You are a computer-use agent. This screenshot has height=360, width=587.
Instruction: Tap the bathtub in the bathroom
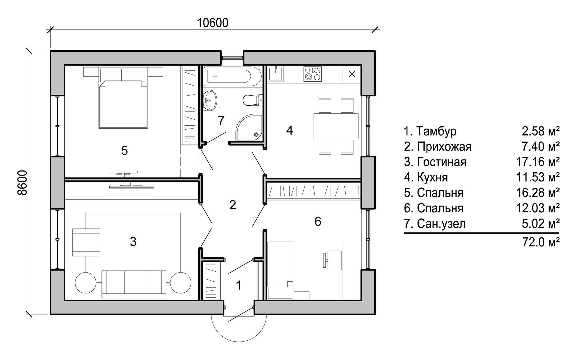[x=228, y=76]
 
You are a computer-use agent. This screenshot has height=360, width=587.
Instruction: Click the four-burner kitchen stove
[x=313, y=74]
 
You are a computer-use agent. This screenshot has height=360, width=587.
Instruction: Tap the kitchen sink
[x=276, y=74]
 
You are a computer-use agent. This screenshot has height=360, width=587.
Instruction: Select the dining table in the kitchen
[x=336, y=126]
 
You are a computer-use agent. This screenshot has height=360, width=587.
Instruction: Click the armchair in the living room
[x=86, y=242]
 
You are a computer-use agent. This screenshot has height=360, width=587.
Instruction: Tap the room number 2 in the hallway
[x=233, y=205]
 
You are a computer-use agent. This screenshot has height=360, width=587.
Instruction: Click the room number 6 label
[x=318, y=221]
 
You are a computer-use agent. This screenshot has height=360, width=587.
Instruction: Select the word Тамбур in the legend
[x=437, y=131]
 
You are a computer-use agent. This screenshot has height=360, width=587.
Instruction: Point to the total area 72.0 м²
[x=541, y=241]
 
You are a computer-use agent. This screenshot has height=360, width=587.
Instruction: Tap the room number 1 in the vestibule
[x=238, y=285]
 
